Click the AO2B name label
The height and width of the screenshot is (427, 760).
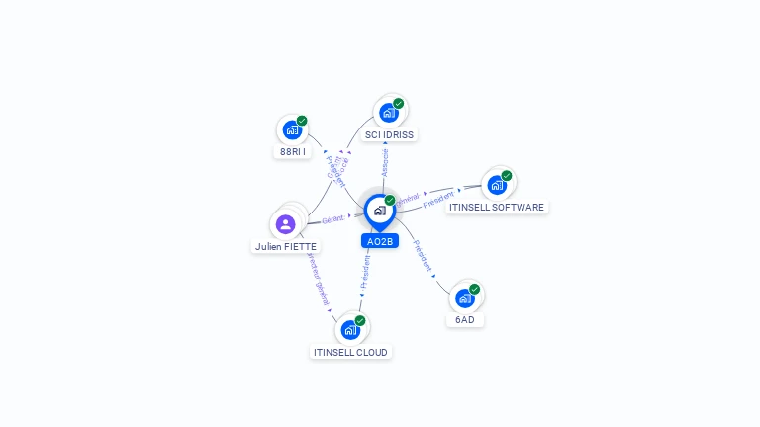point(380,241)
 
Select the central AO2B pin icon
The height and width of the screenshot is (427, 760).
point(380,211)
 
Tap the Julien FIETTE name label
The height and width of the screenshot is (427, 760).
point(286,247)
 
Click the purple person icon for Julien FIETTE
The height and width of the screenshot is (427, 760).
point(286,223)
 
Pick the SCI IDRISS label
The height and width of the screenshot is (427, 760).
point(389,134)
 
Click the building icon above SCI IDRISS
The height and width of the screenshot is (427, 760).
point(389,113)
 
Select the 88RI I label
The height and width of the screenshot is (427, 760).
point(292,152)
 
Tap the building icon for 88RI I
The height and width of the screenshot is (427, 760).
point(292,129)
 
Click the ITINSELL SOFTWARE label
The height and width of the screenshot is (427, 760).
point(497,208)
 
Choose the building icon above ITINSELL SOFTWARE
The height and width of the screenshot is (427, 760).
point(497,184)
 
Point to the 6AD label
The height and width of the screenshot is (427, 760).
point(465,320)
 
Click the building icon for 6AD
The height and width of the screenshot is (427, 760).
point(465,298)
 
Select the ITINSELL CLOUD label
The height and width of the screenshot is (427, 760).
point(351,352)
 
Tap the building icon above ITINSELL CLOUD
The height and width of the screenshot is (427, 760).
point(351,329)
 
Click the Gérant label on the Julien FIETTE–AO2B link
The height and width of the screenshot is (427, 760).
point(332,219)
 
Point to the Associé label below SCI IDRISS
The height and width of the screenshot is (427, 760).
point(385,162)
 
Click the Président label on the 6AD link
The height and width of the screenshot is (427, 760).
point(423,255)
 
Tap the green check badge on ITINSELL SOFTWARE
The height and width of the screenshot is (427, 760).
point(507,176)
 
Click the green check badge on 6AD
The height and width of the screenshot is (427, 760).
point(475,290)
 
